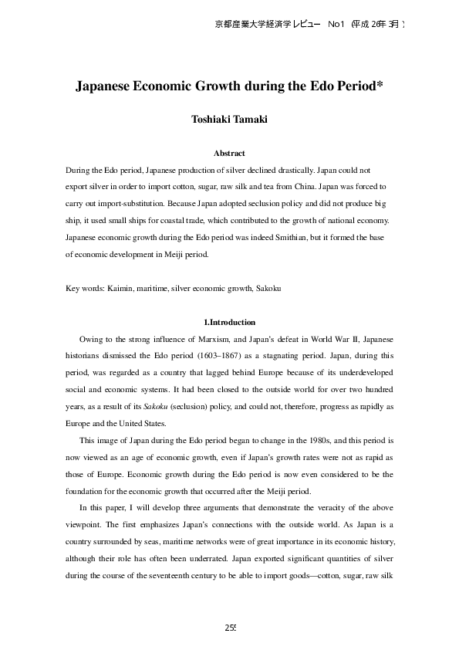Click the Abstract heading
point(229,153)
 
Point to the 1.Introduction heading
point(229,322)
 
